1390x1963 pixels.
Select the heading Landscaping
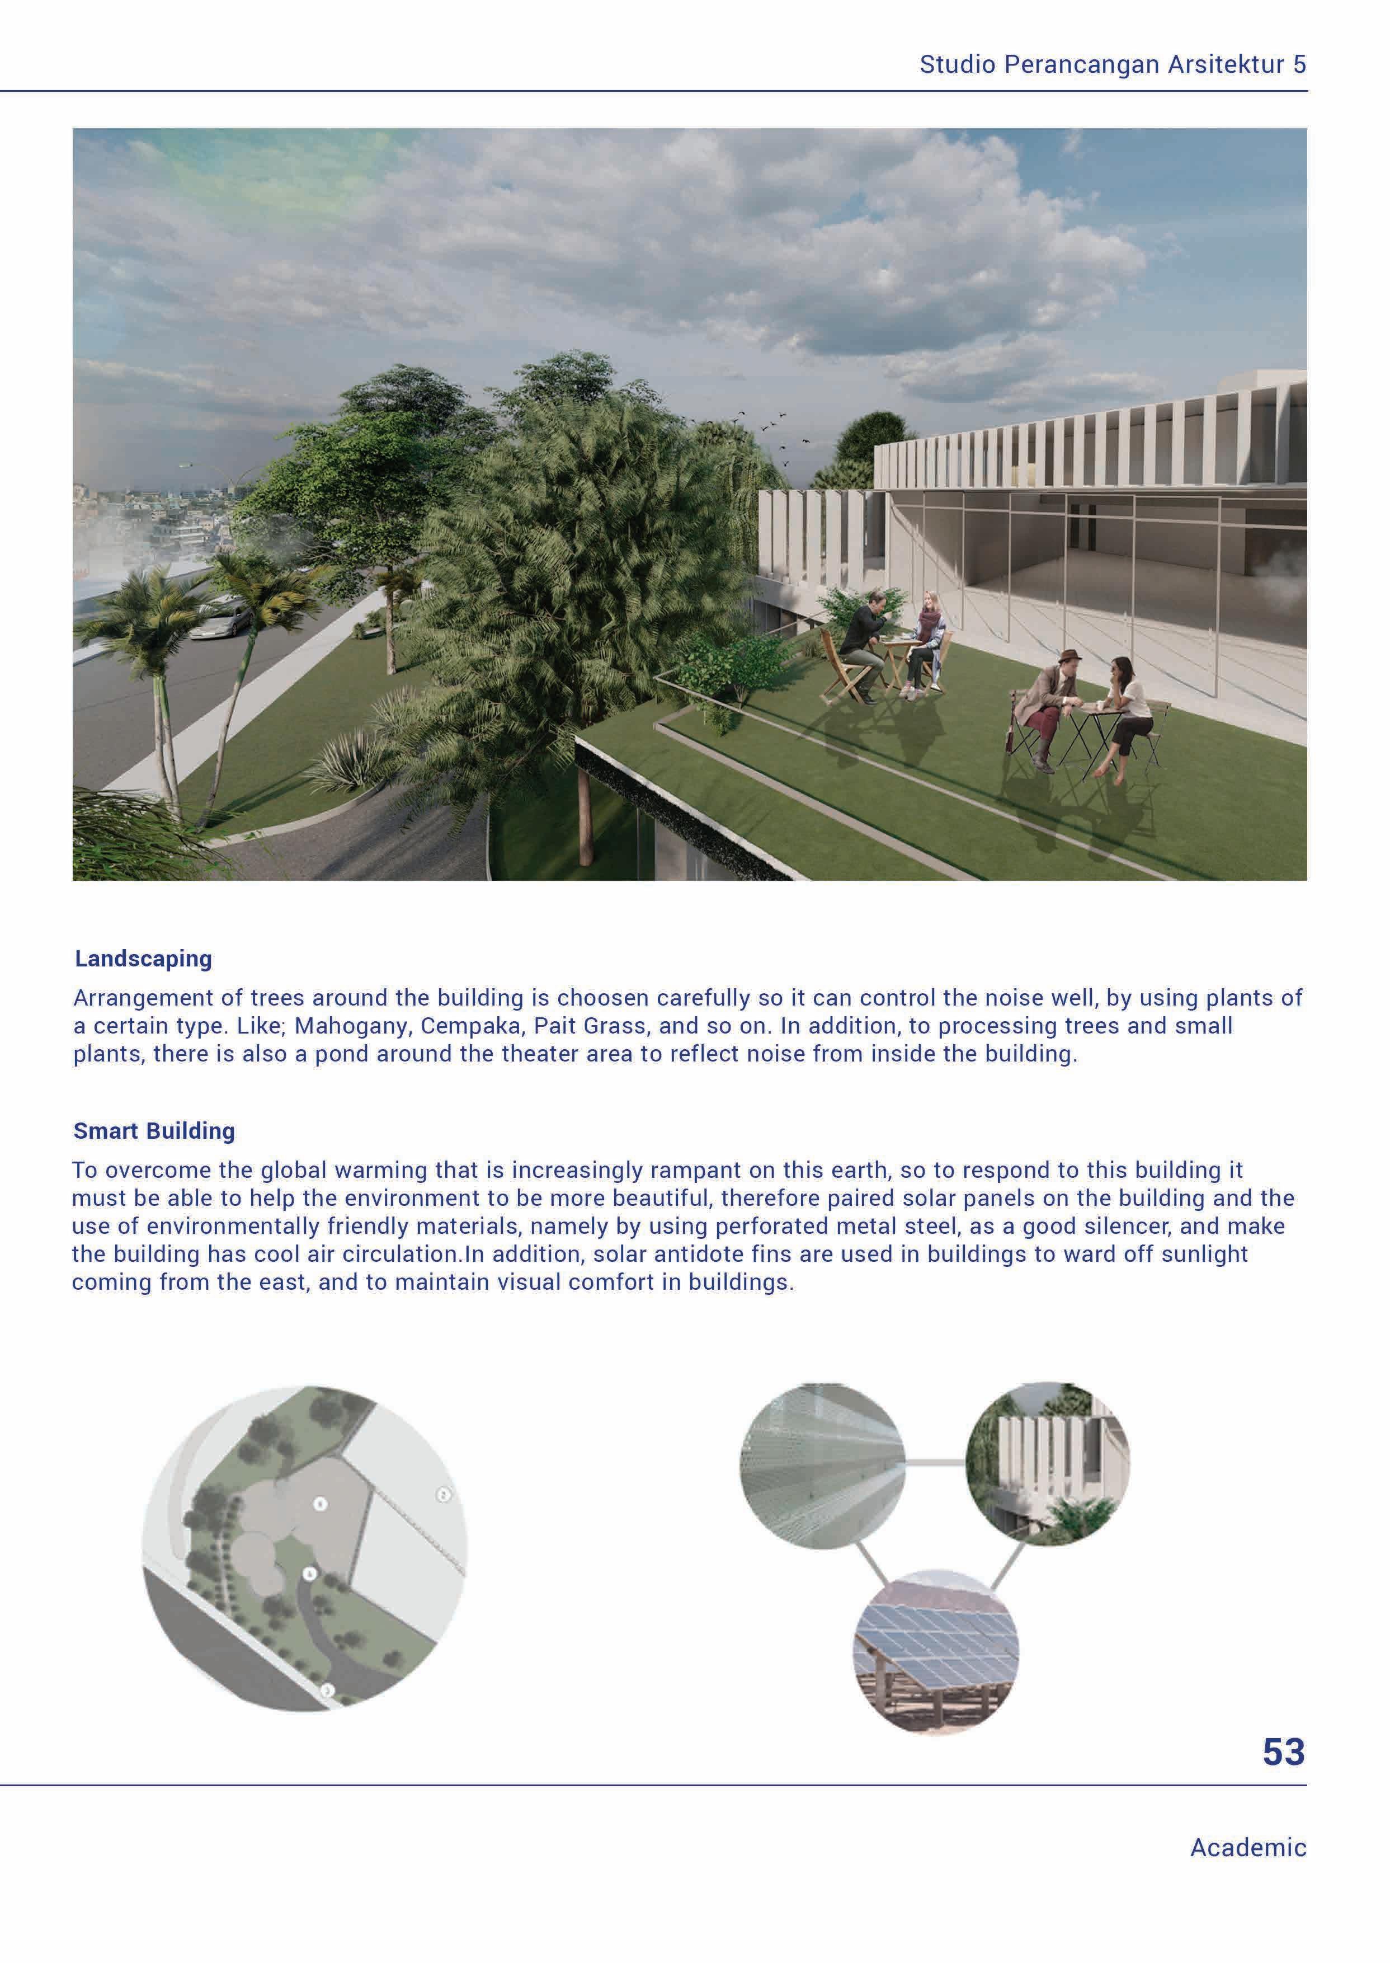pos(143,958)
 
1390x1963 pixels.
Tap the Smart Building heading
pos(154,1131)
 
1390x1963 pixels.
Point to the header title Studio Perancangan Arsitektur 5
pos(1112,64)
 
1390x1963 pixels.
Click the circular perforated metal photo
pos(822,1465)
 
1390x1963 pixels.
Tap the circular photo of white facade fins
pos(1048,1463)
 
